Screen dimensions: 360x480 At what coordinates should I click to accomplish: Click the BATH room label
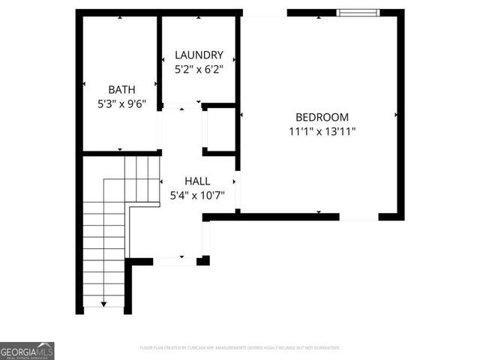[121, 89]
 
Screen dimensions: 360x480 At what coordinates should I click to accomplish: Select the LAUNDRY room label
[199, 55]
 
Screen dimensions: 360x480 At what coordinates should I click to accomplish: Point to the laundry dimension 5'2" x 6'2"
[199, 69]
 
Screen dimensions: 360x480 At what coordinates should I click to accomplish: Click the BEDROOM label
[322, 117]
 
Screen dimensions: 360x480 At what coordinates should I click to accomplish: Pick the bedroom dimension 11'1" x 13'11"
[322, 131]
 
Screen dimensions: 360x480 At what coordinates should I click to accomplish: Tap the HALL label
[197, 181]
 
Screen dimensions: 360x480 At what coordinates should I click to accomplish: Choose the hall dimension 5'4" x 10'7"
[197, 196]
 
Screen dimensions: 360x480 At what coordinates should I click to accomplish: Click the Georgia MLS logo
[27, 350]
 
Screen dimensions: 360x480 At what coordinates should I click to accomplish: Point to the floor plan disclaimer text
[240, 348]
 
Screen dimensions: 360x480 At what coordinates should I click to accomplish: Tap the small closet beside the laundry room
[220, 129]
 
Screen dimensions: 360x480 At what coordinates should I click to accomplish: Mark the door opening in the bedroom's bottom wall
[358, 217]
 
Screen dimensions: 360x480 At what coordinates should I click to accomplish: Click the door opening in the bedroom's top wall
[264, 13]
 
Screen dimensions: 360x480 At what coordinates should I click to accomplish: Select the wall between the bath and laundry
[160, 60]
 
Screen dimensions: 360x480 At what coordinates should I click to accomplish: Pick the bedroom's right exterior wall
[400, 112]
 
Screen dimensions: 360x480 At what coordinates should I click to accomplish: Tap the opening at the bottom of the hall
[175, 261]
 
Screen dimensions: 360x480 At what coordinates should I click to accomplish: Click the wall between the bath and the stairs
[120, 153]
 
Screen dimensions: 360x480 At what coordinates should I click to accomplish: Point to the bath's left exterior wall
[79, 82]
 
